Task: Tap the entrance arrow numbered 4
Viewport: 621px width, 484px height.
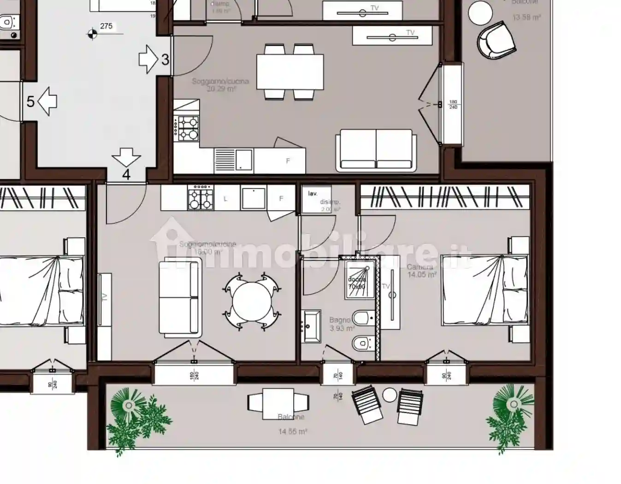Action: point(126,157)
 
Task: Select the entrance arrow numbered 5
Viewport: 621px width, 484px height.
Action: point(47,101)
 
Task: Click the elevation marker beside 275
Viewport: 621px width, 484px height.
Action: point(93,33)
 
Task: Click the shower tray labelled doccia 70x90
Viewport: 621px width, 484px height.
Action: point(357,277)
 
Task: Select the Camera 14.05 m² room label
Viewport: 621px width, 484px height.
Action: point(421,271)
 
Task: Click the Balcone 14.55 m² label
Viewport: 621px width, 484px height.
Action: point(292,424)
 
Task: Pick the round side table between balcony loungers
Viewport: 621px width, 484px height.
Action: point(390,395)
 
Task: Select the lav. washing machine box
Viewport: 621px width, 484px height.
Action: point(313,199)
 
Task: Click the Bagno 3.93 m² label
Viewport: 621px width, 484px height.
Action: point(341,325)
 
